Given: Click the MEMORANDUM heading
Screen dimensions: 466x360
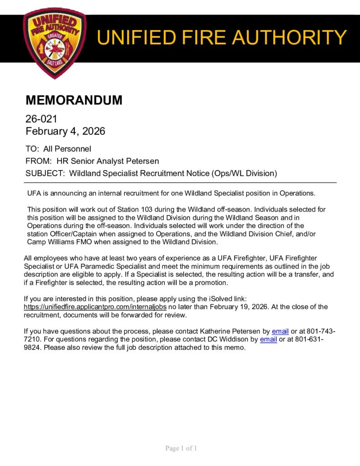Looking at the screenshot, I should [74, 100].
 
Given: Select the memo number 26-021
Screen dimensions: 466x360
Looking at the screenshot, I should [41, 119].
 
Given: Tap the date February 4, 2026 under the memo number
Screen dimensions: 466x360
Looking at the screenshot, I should [65, 132].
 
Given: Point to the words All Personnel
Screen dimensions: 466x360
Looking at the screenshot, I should [67, 149].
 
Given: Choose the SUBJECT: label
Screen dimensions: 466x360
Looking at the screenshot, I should [45, 173].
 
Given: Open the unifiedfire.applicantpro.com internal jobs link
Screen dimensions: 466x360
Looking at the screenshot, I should [91, 307].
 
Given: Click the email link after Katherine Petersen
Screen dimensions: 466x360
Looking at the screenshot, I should [280, 331].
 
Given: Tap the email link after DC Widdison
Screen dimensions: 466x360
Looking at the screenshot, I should [269, 339].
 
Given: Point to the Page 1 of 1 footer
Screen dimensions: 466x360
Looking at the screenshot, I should [181, 449].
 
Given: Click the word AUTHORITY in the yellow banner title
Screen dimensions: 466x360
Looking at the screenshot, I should [290, 37].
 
